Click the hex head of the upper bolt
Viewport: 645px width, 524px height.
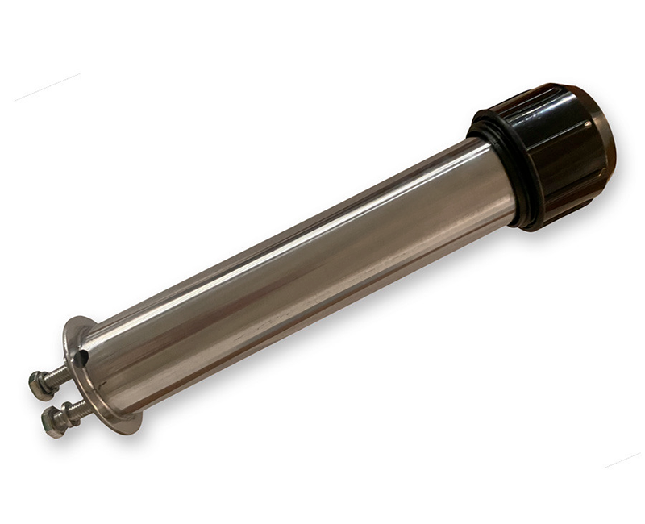38,385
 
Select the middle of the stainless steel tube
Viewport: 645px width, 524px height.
298,274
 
